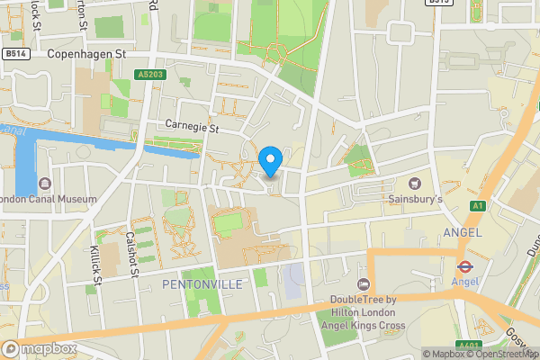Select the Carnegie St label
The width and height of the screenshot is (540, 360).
[x=193, y=128]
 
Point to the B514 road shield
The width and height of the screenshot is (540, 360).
[x=13, y=55]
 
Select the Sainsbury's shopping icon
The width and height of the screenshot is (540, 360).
[x=415, y=183]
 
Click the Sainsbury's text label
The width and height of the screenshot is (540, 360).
[x=415, y=197]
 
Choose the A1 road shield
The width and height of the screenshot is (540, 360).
[x=476, y=206]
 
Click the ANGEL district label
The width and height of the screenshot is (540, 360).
[x=463, y=232]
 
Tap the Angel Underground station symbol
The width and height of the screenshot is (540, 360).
[x=465, y=266]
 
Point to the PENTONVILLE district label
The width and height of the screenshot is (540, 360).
[x=202, y=283]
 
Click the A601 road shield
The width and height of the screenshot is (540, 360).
[x=466, y=345]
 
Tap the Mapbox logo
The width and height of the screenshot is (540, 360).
[x=39, y=348]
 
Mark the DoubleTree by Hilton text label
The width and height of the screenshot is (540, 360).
[x=369, y=312]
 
